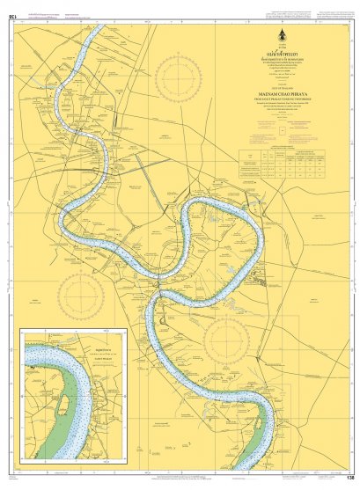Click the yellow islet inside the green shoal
[64, 405]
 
